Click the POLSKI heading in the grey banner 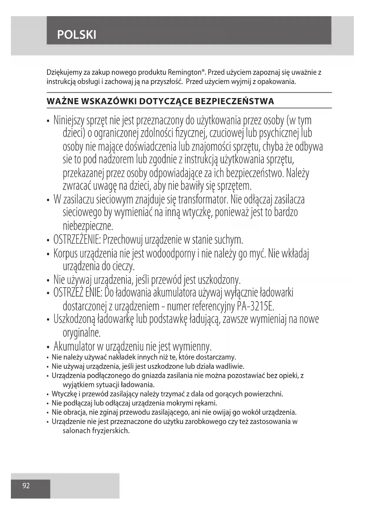[76, 35]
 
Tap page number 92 [26, 486]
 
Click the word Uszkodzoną [74, 319]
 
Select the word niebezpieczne [88, 226]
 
